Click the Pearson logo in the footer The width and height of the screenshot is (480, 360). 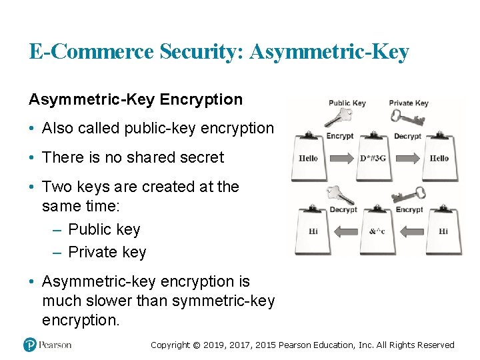(x=47, y=345)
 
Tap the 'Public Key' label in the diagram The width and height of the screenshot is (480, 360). (x=347, y=103)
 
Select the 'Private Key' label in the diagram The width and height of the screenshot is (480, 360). (x=408, y=103)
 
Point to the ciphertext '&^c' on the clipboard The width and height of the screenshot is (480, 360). (x=377, y=231)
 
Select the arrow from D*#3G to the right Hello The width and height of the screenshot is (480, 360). (x=407, y=159)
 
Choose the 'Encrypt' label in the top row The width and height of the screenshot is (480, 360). (x=340, y=136)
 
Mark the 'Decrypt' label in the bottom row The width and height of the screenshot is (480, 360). (x=343, y=209)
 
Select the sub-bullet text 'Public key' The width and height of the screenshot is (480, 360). (x=104, y=229)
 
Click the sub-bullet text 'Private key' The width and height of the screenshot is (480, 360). (x=107, y=252)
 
